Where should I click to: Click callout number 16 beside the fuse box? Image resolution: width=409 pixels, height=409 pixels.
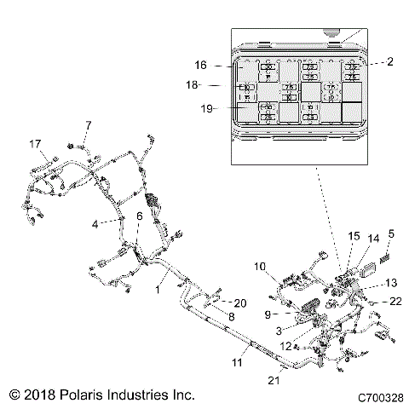[201, 65]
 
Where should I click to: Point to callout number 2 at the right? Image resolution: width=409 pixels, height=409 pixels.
[390, 62]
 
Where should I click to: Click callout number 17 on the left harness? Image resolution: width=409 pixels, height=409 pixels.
[36, 143]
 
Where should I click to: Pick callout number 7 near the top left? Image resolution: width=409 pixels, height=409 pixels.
[87, 126]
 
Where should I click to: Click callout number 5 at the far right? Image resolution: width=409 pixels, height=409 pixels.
[390, 233]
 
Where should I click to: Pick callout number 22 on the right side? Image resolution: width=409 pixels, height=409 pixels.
[395, 301]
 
